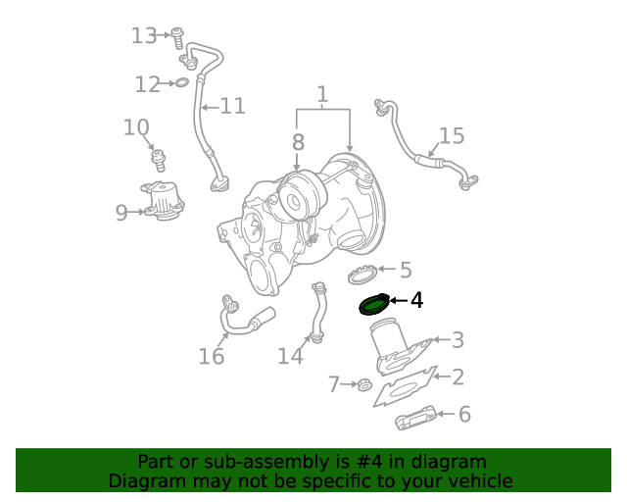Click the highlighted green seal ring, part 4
373,306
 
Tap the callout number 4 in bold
416,300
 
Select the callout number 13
144,36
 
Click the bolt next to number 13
177,37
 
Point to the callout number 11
232,106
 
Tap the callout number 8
298,142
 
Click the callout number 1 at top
321,95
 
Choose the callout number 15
451,136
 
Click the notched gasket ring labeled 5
363,274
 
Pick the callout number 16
212,356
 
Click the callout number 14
290,356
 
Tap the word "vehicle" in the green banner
479,480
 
